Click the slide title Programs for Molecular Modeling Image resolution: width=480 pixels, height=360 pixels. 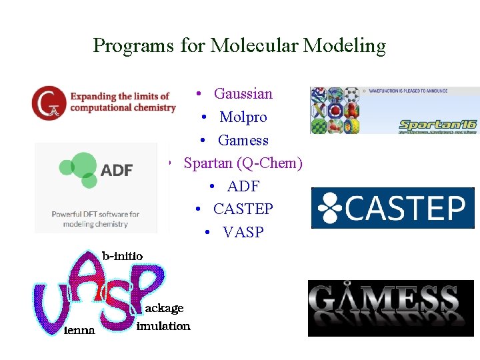pos(239,45)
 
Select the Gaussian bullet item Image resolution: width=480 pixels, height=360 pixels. pos(243,93)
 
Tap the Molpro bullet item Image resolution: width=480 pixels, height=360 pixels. pos(243,117)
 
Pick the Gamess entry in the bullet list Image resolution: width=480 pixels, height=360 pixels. pos(243,140)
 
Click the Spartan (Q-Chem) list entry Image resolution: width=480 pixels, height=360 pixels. pos(243,163)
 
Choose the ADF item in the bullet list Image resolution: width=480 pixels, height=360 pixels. pos(243,186)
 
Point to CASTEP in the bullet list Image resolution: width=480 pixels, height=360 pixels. pos(243,209)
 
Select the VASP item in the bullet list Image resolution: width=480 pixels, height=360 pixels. pos(243,232)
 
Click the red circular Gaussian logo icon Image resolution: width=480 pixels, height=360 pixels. pos(49,103)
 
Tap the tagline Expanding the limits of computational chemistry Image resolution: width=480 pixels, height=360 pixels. pos(122,101)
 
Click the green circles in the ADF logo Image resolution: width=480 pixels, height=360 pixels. pos(79,169)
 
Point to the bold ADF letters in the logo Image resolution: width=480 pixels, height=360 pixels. pos(117,170)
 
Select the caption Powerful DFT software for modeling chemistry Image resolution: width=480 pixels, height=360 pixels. pos(95,219)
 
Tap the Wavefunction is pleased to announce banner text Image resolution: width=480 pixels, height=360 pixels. pos(410,91)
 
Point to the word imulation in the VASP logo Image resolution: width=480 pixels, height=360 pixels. pos(163,325)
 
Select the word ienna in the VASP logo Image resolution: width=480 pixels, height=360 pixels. pos(79,330)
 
